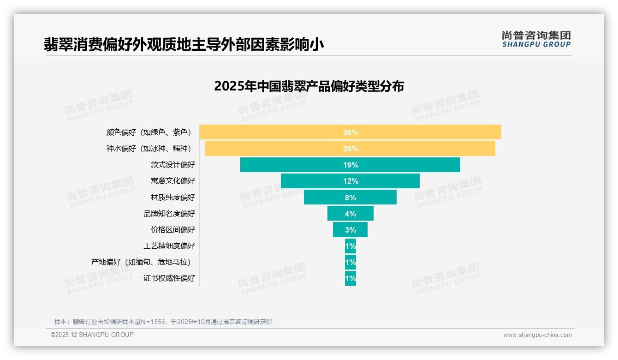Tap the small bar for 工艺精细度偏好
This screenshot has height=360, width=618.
[x=350, y=246]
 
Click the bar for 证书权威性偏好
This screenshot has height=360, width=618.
[x=350, y=278]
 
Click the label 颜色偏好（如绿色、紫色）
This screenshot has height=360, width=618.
[x=149, y=132]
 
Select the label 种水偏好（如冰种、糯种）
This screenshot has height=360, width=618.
[x=149, y=149]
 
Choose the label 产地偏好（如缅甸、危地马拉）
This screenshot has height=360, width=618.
[x=141, y=262]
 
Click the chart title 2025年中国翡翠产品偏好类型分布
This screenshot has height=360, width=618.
[x=309, y=86]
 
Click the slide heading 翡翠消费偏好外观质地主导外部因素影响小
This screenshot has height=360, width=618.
[x=184, y=44]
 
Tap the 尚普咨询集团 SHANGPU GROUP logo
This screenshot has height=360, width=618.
[x=536, y=39]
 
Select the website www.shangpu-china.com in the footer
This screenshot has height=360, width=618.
[x=537, y=335]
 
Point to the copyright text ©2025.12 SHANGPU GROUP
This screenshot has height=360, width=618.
[x=92, y=335]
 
